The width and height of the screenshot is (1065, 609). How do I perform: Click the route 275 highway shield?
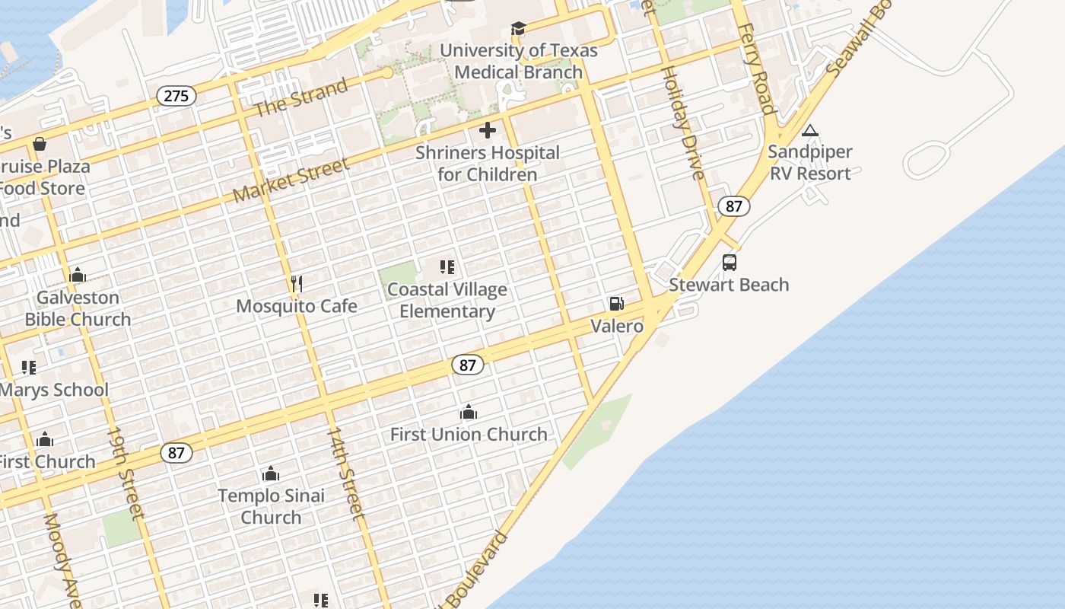click(x=176, y=96)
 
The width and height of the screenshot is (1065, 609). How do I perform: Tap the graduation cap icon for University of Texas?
click(x=518, y=29)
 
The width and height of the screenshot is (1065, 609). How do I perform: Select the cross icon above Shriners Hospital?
click(x=488, y=130)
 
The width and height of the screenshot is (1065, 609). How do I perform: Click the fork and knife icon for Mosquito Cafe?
click(x=297, y=284)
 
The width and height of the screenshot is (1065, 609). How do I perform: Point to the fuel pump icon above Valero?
click(x=617, y=304)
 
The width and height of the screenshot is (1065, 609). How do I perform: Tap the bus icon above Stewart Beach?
click(x=730, y=263)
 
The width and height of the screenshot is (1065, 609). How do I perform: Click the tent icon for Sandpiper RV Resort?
click(x=810, y=130)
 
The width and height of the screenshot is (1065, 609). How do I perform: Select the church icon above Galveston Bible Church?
click(x=78, y=275)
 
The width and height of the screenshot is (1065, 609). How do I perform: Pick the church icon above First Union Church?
click(x=469, y=413)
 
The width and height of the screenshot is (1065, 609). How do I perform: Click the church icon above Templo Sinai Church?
click(x=271, y=473)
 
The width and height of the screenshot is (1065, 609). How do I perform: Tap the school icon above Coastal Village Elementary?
click(x=447, y=267)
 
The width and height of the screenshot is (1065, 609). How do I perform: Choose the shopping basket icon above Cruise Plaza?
click(x=40, y=144)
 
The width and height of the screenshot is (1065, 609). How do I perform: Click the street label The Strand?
click(x=300, y=97)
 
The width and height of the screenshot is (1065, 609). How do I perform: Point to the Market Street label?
click(x=291, y=180)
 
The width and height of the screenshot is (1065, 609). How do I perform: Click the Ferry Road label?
click(x=757, y=69)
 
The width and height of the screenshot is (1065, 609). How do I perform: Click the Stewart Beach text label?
click(x=729, y=285)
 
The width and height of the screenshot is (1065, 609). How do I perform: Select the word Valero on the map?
click(x=617, y=326)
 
